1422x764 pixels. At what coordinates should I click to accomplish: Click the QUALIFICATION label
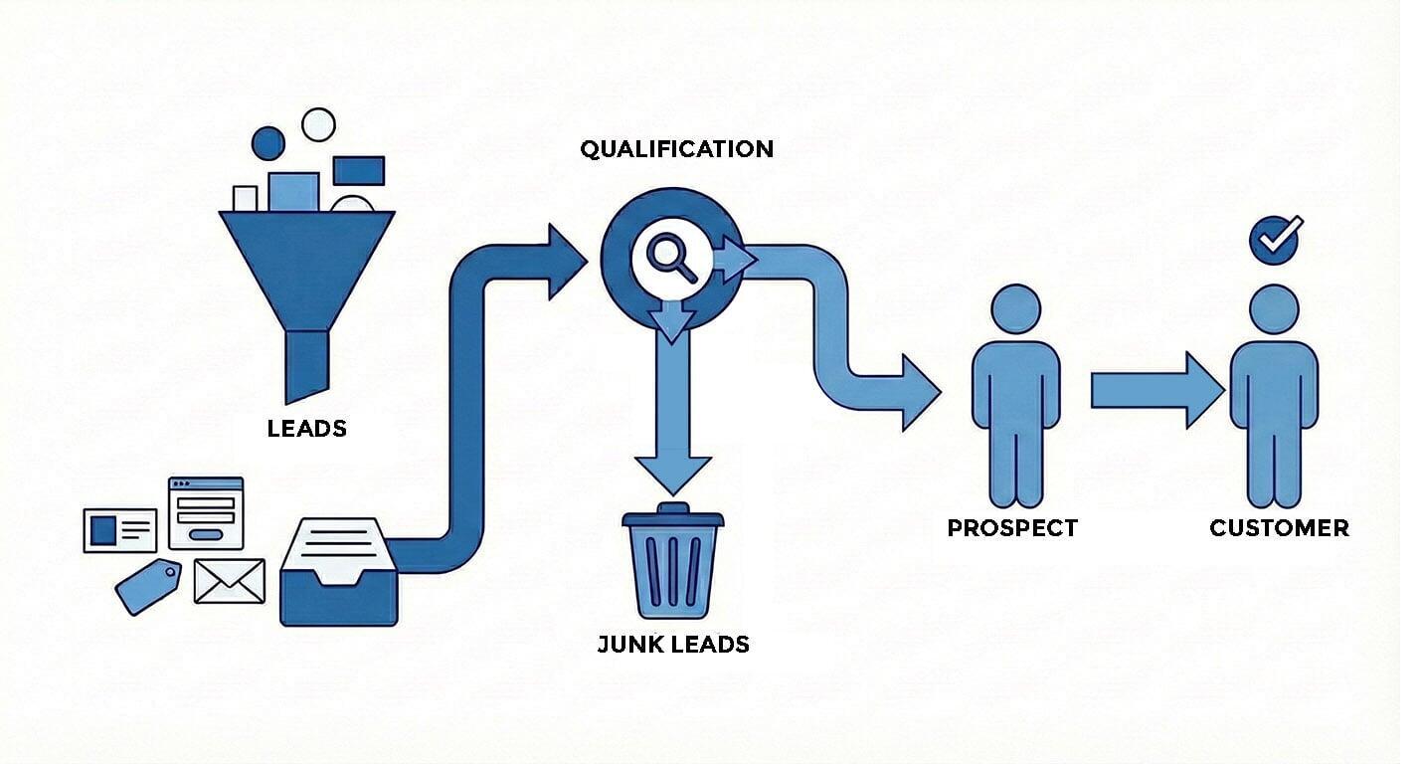[x=676, y=149]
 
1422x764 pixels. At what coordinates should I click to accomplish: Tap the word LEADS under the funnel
[x=307, y=429]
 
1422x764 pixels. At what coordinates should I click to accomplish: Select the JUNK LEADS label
[x=673, y=644]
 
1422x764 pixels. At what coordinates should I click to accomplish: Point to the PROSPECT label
[x=1012, y=527]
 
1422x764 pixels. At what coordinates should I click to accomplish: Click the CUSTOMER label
[x=1279, y=527]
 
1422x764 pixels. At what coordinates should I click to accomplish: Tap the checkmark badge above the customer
[x=1275, y=240]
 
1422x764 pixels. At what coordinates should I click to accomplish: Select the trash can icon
[x=673, y=567]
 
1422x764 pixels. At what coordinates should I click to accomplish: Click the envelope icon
[x=230, y=581]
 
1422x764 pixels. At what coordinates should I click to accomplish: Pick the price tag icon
[x=149, y=586]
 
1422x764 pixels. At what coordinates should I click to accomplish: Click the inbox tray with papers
[x=338, y=574]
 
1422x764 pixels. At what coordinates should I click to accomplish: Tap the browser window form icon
[x=206, y=512]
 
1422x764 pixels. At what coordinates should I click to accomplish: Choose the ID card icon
[x=120, y=530]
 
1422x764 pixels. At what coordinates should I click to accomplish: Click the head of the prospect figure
[x=1015, y=308]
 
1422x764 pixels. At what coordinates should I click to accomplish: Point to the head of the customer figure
[x=1274, y=308]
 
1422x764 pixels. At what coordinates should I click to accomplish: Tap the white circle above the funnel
[x=318, y=124]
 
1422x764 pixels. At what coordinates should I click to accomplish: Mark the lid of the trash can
[x=673, y=518]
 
